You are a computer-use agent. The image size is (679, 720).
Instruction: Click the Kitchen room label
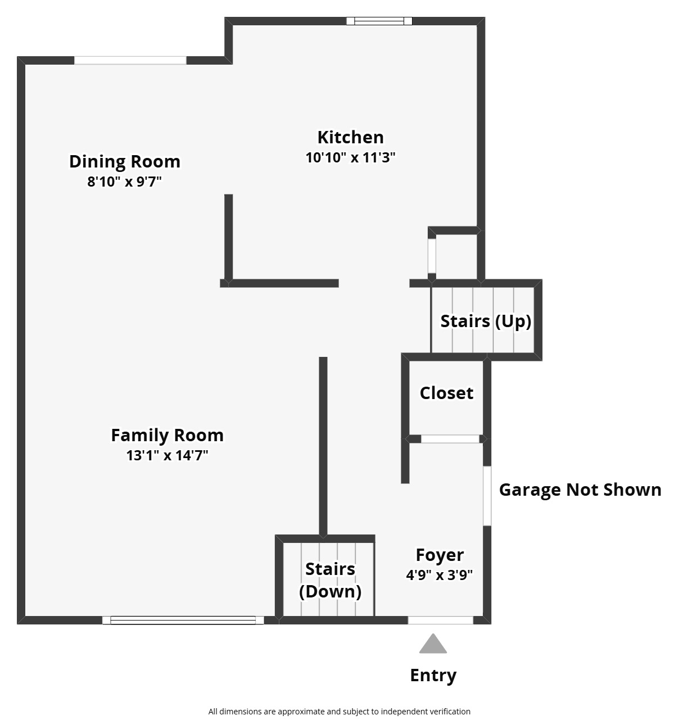350,137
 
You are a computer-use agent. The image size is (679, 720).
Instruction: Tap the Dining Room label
125,162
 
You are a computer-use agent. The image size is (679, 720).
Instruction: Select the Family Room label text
167,436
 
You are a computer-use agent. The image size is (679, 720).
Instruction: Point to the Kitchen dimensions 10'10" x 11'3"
350,158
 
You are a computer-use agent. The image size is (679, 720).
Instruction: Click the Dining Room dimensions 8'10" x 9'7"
124,182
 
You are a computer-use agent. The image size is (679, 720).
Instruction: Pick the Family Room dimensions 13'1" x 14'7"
167,455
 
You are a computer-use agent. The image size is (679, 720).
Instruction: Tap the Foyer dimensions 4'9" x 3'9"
440,575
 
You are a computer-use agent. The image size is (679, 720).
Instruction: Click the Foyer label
440,555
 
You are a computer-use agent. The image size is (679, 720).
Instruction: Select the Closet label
446,393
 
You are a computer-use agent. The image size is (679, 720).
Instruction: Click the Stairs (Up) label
486,321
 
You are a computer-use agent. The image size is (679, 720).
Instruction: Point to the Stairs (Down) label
330,581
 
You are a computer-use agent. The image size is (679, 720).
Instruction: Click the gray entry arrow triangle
433,644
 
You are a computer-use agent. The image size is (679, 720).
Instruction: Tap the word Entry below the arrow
433,676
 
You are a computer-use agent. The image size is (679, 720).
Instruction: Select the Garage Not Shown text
580,490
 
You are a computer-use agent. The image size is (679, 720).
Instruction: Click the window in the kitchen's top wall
379,21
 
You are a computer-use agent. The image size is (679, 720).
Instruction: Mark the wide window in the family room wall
183,621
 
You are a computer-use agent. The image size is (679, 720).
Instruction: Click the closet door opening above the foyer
450,439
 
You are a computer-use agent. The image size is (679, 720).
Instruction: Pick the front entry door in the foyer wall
441,621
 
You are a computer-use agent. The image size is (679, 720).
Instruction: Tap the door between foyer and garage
487,496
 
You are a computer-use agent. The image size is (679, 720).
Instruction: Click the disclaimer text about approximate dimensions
339,712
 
